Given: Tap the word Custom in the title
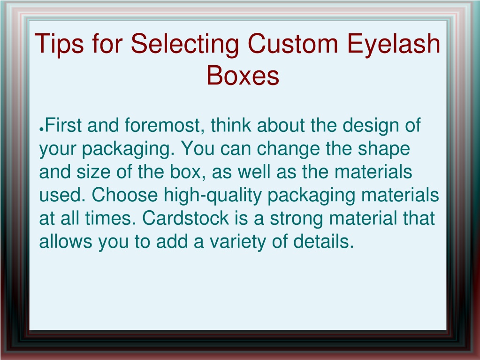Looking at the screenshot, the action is coord(293,44).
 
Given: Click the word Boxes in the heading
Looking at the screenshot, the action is coord(243,75).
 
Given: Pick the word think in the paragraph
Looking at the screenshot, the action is coord(231,125).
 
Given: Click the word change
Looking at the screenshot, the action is coord(288,149).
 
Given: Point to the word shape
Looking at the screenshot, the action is coord(384,149).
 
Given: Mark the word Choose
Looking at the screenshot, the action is coord(125,195).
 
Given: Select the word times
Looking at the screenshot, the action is coord(111,218).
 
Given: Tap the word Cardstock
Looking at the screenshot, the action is coord(185,218).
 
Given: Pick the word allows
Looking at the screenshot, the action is coord(66,241).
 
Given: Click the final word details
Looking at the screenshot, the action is coord(324,241).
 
